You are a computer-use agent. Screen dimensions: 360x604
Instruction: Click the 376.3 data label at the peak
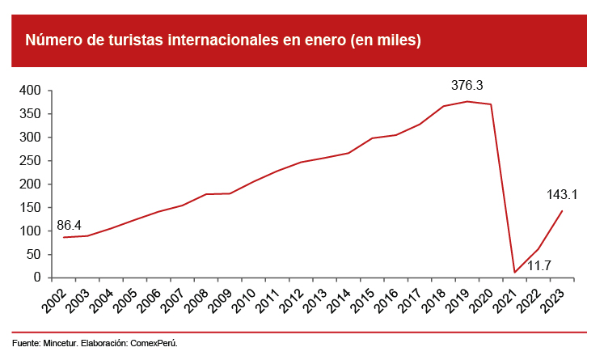[x=467, y=85]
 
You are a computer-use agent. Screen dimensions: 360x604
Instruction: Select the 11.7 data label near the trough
[x=539, y=265]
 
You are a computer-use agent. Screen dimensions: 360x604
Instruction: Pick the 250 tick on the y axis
[x=30, y=160]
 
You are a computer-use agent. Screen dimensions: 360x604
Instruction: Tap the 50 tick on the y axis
[x=33, y=254]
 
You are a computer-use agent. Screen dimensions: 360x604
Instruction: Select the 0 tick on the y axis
[x=37, y=277]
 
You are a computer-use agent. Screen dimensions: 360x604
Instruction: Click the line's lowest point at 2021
[x=514, y=272]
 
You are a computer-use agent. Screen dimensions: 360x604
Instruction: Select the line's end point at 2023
[x=562, y=211]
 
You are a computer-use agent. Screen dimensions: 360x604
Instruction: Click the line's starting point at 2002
[x=63, y=237]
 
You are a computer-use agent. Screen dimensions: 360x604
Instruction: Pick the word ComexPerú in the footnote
[x=154, y=343]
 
